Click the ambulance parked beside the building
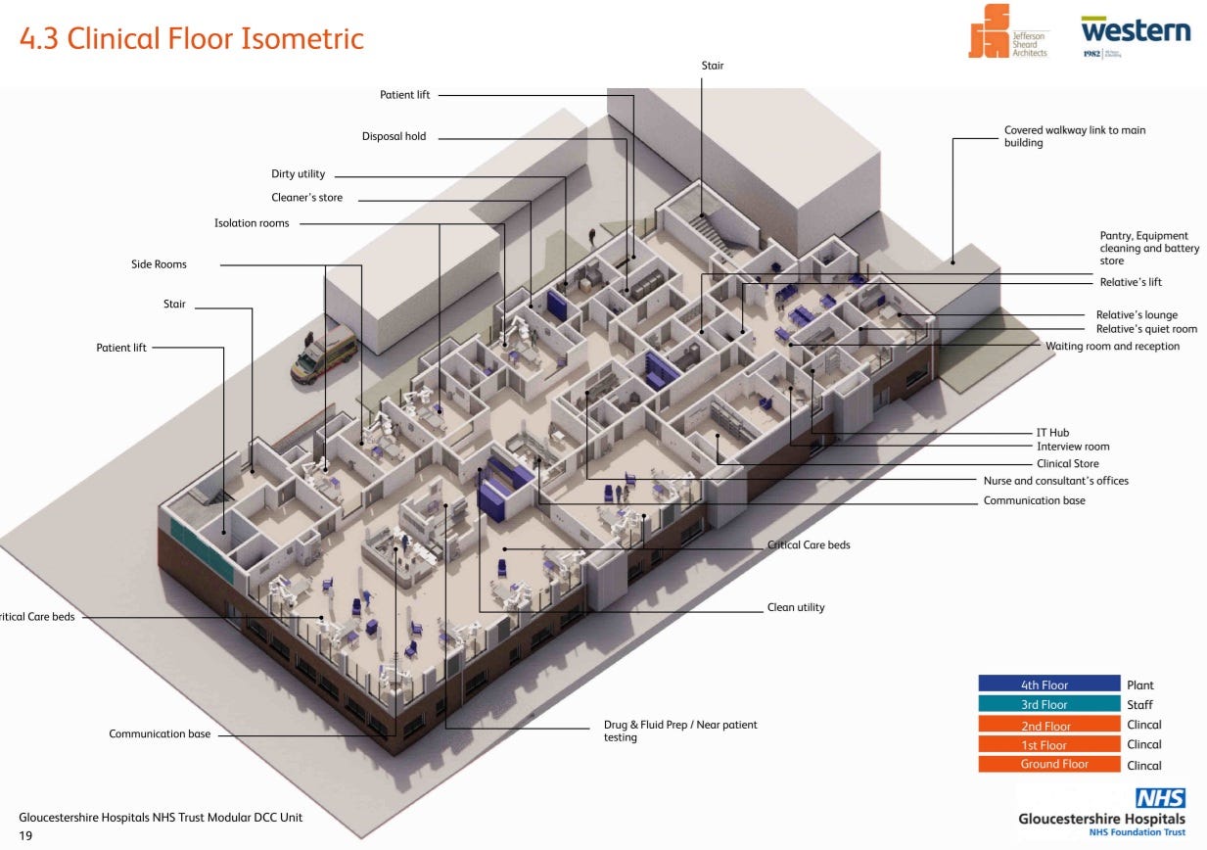324,354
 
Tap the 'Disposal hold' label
394,136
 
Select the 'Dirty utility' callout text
298,173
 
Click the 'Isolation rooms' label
252,223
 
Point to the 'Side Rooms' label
159,264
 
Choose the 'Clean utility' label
796,607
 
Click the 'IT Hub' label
1053,432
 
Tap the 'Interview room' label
1073,447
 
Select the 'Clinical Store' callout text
1068,463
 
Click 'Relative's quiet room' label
1146,329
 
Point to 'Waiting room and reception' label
1113,346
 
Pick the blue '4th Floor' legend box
1049,684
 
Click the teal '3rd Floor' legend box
1049,704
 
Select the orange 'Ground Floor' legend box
1049,764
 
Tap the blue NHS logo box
1160,798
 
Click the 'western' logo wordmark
1136,30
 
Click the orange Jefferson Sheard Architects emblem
989,30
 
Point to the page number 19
25,836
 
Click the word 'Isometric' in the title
302,39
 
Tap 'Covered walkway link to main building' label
1075,136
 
